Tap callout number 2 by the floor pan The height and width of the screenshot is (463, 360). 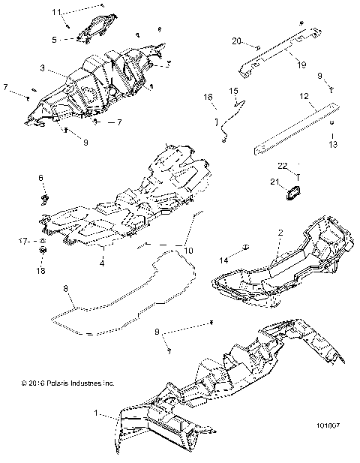[279, 233]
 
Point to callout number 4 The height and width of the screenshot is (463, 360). [102, 263]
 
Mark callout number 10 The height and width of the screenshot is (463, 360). [189, 249]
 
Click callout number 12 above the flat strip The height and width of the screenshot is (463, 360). [304, 97]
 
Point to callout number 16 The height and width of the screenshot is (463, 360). [208, 97]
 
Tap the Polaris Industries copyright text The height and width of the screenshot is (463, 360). [67, 383]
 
